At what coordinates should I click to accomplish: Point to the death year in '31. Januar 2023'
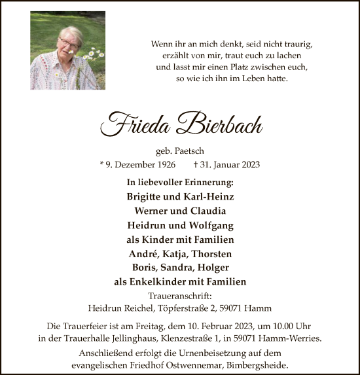[248, 164]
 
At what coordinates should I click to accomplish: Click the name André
[143, 253]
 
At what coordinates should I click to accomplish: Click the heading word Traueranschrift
[180, 295]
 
